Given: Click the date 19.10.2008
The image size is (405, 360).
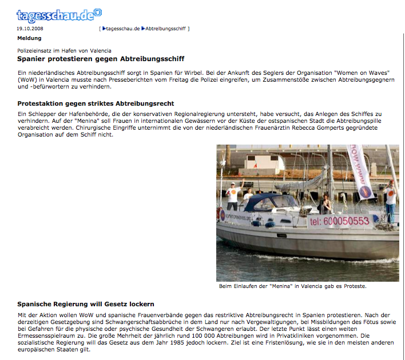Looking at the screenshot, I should point(31,28).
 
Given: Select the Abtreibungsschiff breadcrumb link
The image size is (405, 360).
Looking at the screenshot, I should point(166,28).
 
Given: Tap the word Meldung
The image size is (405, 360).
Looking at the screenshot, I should point(30,38).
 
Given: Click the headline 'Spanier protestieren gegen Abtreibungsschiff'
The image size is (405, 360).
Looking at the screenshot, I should point(101,59).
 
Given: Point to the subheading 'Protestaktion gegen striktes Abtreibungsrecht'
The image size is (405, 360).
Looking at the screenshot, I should point(96,103).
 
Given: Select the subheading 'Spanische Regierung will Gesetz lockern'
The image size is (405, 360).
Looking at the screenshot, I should point(86,304).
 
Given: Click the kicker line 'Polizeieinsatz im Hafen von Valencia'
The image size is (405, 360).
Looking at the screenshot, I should point(64,51).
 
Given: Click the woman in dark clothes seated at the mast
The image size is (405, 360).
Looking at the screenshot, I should point(326,203).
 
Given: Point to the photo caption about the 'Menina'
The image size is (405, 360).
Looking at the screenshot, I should point(292,286).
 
